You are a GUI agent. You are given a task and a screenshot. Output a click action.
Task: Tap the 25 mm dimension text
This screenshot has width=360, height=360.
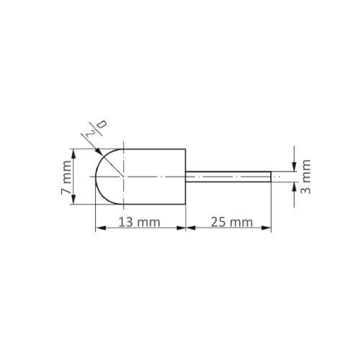click(x=228, y=222)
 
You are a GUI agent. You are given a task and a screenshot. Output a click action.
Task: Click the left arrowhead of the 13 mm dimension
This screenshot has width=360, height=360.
click(x=99, y=228)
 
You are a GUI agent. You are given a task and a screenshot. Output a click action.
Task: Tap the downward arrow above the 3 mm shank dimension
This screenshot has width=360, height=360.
click(x=294, y=168)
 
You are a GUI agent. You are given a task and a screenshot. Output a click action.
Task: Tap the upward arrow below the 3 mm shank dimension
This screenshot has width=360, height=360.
click(x=294, y=186)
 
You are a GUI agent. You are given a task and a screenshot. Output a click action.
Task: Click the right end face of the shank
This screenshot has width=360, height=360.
click(x=271, y=176)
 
